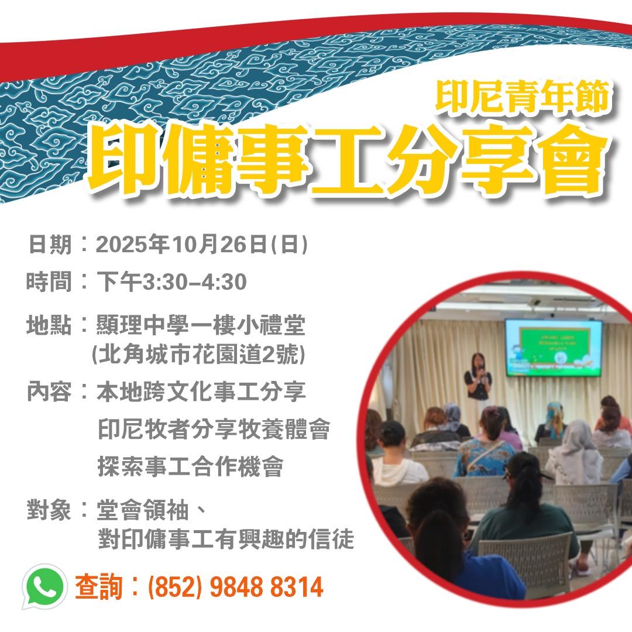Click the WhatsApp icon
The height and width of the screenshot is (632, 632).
point(44,586)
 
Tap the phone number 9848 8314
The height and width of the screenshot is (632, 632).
point(266,587)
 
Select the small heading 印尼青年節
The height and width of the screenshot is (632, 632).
point(523,97)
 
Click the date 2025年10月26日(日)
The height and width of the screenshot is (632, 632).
point(202,244)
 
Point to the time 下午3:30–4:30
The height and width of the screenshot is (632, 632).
point(171,281)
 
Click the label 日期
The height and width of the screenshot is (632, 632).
point(50,244)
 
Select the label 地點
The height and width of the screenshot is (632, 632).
point(49,325)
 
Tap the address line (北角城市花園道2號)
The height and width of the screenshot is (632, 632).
point(198,354)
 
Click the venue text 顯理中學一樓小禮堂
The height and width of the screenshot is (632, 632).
point(201,325)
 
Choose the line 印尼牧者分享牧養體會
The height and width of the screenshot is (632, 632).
point(214,429)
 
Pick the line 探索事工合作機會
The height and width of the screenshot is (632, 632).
point(190,466)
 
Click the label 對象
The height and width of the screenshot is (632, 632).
point(49,510)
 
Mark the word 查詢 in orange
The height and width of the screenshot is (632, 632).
point(98,586)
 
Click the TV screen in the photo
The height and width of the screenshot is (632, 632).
point(554,348)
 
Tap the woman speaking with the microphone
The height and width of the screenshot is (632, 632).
point(478,376)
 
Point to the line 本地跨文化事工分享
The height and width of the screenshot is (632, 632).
point(201,391)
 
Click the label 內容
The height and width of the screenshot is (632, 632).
point(49,391)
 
